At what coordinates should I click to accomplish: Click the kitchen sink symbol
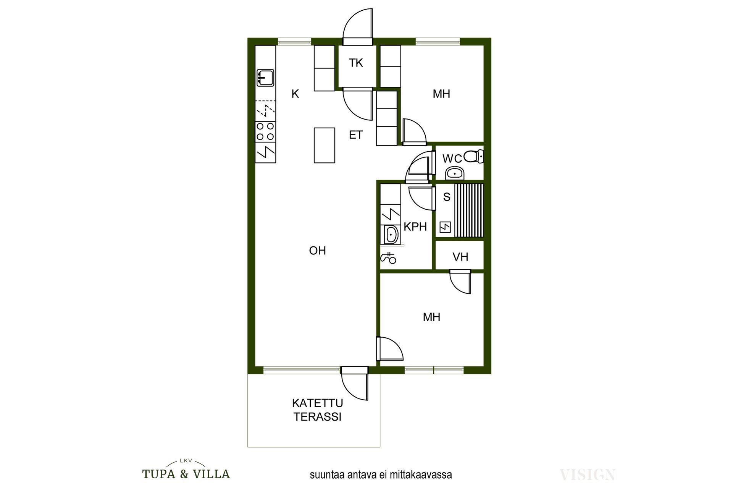[265, 78]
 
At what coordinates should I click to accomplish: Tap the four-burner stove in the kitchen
[265, 131]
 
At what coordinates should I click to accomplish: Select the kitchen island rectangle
[325, 145]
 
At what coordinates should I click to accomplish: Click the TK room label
[356, 63]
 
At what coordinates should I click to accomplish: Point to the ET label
[356, 135]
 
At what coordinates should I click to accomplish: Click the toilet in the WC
[474, 156]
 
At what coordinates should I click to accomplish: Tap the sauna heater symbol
[445, 227]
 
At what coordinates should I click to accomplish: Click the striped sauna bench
[469, 210]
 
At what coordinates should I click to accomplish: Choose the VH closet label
[460, 257]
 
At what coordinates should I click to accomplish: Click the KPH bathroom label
[415, 227]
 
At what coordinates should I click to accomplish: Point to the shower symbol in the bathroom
[388, 258]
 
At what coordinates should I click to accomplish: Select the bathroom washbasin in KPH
[391, 235]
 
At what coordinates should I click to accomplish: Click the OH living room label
[317, 251]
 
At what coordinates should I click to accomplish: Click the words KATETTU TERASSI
[317, 410]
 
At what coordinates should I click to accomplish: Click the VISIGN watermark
[587, 474]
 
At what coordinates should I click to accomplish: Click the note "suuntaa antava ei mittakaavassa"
[381, 475]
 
